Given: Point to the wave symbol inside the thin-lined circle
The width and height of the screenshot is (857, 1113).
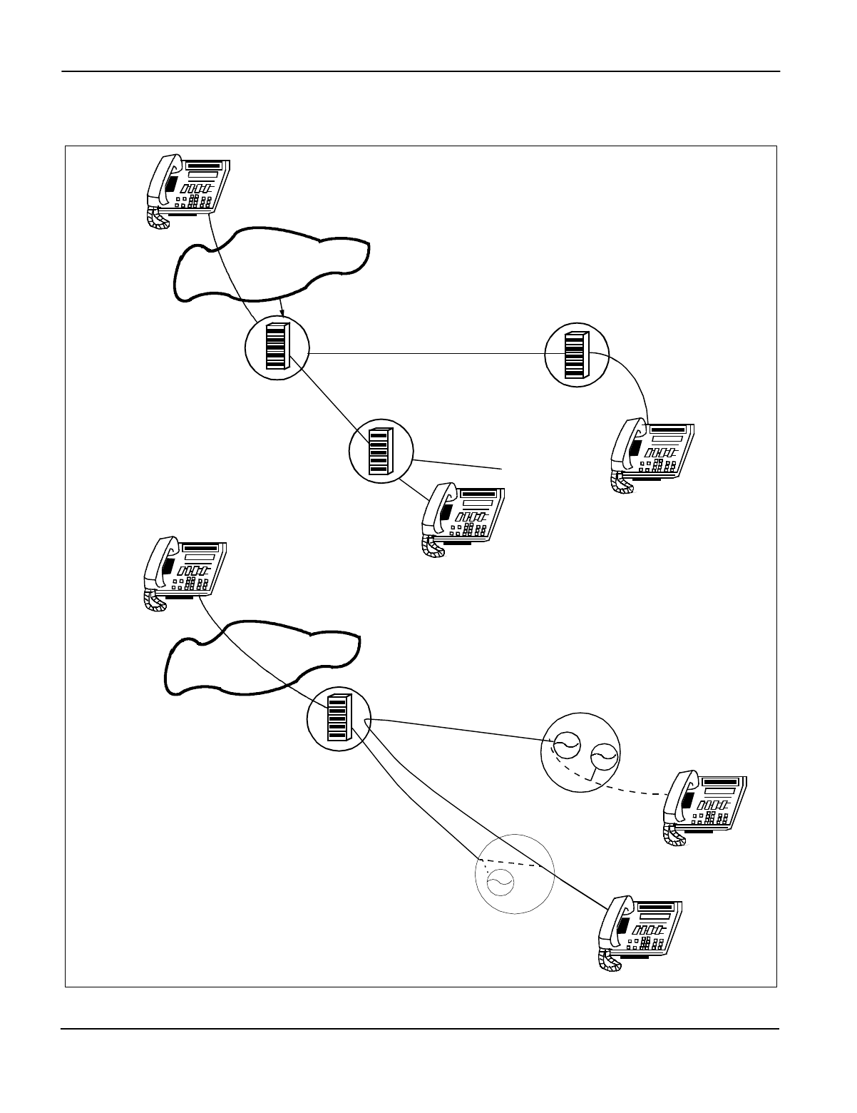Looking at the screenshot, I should [x=498, y=884].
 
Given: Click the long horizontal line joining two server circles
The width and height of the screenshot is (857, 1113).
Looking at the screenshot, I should [x=428, y=353].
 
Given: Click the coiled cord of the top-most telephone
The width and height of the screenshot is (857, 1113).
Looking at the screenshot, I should [x=158, y=218].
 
